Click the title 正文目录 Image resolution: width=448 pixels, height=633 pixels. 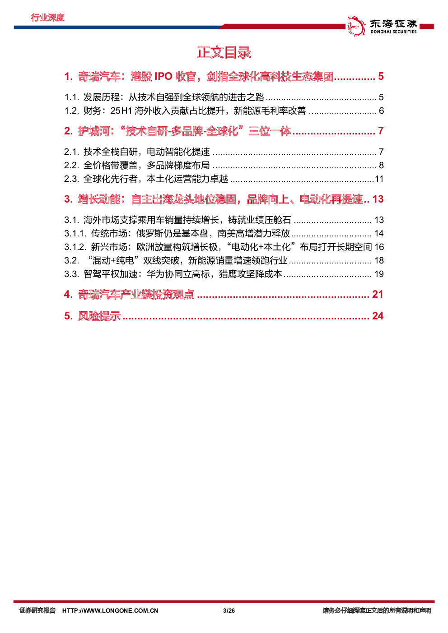point(224,52)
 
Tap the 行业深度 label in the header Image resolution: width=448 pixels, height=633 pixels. point(48,18)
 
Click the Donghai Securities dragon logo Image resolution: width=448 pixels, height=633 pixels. point(356,26)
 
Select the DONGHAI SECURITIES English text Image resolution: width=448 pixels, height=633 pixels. point(393,32)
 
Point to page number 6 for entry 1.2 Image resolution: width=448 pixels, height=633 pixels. point(381,111)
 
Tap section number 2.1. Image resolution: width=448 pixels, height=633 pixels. point(71,152)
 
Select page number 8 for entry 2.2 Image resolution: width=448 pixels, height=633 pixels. point(381,165)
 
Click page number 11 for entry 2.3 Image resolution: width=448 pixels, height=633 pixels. point(379,179)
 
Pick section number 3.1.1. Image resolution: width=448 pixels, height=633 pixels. point(75,233)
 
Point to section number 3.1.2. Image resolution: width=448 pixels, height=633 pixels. point(75,247)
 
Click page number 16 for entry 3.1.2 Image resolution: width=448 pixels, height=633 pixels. point(379,247)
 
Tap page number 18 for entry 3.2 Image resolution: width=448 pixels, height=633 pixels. point(379,260)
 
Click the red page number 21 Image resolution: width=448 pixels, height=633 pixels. point(378,295)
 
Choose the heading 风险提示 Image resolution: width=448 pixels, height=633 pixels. point(99,316)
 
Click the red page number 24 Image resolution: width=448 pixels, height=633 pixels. point(378,316)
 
